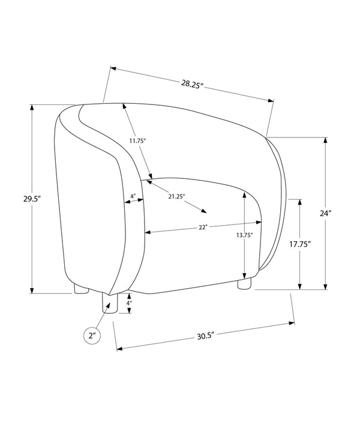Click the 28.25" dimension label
coord(191,83)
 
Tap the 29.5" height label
coord(32,199)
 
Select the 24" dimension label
coord(325,214)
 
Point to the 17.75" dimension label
coord(299,244)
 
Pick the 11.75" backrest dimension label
coord(137,140)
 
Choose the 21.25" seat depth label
coord(176,196)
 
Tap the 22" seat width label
coord(203,227)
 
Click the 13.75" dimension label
coord(244,235)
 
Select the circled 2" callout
coord(92,336)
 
